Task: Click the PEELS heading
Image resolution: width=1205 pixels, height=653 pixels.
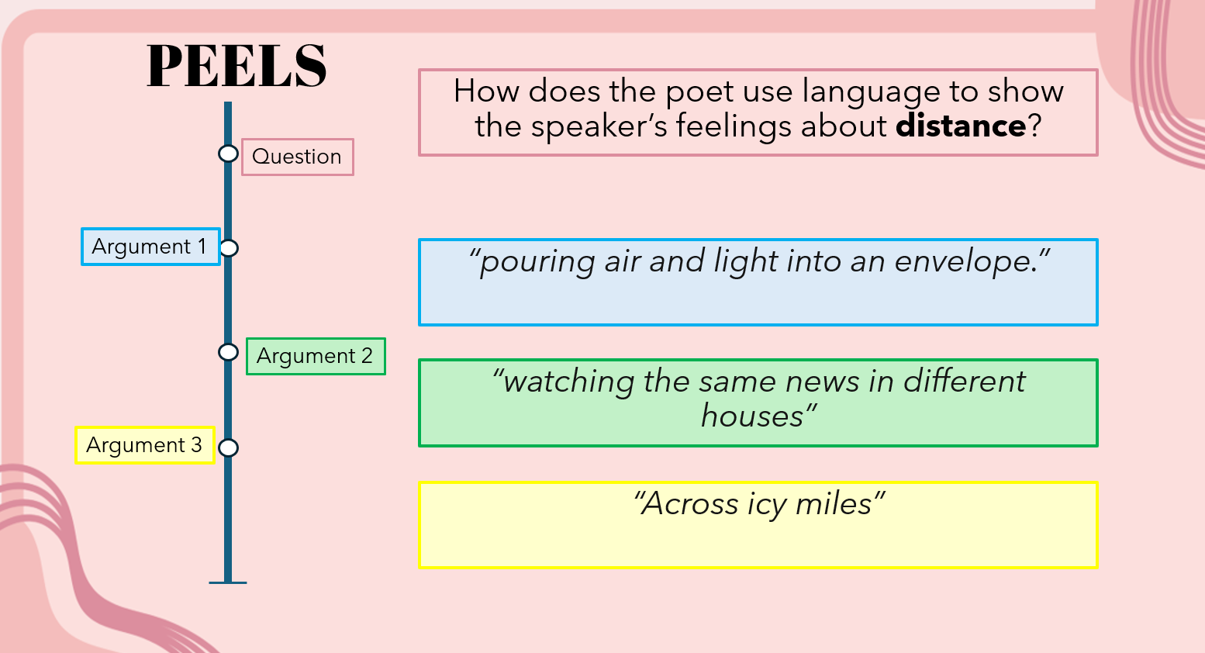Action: pos(237,66)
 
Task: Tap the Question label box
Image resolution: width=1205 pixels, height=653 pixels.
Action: pos(298,157)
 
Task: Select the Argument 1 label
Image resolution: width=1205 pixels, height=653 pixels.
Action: pos(150,247)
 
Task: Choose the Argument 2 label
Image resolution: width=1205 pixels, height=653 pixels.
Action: pos(316,356)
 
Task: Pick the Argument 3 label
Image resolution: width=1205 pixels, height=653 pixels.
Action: pos(145,445)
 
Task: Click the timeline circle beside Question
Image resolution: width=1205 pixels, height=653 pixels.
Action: pos(229,154)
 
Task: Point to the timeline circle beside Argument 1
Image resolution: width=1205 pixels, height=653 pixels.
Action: pos(229,248)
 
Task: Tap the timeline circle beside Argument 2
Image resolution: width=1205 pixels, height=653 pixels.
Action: pos(229,352)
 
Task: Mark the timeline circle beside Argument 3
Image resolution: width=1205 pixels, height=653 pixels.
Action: pos(229,447)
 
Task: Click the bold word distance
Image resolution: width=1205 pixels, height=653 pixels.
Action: pos(961,126)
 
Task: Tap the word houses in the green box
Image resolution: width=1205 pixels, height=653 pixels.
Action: pos(752,416)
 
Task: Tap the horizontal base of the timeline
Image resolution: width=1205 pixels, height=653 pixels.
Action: pos(228,582)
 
